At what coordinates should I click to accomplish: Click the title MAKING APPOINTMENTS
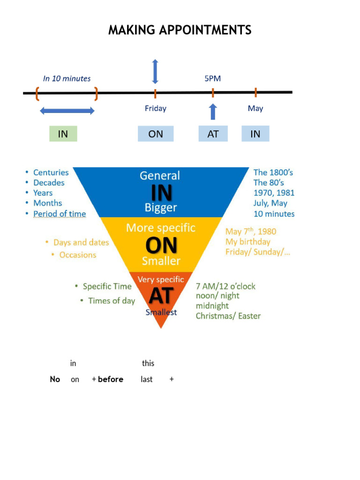[180, 30]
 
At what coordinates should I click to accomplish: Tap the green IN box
[63, 134]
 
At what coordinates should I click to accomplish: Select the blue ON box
[156, 134]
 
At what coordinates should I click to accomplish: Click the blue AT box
[213, 134]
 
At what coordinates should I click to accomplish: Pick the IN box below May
[255, 134]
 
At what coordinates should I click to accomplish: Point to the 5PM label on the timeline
[212, 79]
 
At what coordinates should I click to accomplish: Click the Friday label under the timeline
[155, 108]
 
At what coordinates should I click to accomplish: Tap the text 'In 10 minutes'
[67, 79]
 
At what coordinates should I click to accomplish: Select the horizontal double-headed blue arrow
[67, 111]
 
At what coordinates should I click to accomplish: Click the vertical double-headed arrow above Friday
[155, 72]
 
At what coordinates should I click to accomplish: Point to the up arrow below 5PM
[213, 112]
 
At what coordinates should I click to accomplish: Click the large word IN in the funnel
[161, 193]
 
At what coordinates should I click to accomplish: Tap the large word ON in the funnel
[161, 245]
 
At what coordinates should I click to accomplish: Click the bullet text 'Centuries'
[51, 172]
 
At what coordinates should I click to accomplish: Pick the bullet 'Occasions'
[77, 255]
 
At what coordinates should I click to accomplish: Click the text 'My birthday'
[248, 242]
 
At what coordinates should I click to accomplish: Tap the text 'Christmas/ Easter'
[228, 316]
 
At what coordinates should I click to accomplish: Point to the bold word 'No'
[55, 379]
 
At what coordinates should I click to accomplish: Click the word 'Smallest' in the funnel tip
[161, 312]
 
